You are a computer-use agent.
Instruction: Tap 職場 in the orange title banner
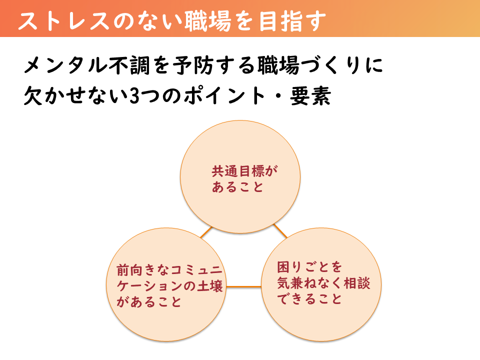pos(207,21)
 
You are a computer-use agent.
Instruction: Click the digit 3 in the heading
pos(134,96)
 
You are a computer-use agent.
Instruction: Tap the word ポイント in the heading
pos(224,96)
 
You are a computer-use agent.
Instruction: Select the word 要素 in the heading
pos(310,96)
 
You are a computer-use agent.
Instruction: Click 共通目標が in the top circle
pos(244,171)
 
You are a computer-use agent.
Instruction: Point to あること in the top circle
pos(237,186)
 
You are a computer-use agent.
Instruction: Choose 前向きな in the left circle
pos(143,270)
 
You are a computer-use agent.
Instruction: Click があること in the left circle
pos(149,302)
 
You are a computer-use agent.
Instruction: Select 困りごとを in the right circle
pos(309,267)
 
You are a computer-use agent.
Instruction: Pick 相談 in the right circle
pos(357,283)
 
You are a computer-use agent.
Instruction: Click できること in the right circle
pos(309,299)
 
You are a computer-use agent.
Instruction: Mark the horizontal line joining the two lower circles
pos(243,287)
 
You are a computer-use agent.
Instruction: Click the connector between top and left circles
pos(206,232)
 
